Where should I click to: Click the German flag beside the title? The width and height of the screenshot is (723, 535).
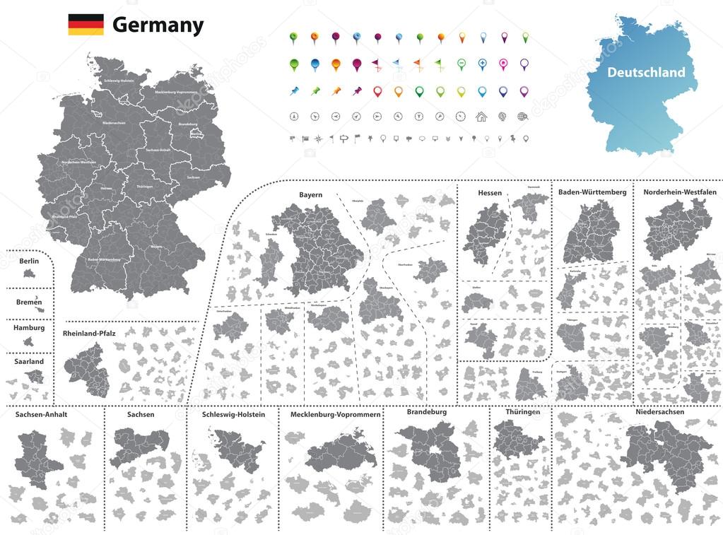[x=86, y=25]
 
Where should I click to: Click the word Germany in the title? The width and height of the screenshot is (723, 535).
[x=158, y=25]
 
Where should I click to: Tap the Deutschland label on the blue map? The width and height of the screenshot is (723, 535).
[x=646, y=72]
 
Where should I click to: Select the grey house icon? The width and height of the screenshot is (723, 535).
[x=481, y=117]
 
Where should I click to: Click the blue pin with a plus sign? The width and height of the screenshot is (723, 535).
[x=482, y=64]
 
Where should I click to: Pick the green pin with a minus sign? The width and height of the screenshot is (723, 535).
[x=461, y=64]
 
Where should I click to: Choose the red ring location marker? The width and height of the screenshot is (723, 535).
[x=377, y=91]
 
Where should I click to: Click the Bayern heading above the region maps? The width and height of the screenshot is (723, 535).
[x=310, y=194]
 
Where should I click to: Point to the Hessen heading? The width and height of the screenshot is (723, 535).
[x=490, y=192]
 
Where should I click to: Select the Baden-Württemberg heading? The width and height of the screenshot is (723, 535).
[x=592, y=192]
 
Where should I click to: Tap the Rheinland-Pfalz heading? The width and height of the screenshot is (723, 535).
[x=89, y=332]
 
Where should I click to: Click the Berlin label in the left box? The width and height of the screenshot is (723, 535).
[x=29, y=261]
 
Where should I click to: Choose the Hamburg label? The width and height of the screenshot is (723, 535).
[x=29, y=328]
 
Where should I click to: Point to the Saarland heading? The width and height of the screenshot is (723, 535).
[x=29, y=361]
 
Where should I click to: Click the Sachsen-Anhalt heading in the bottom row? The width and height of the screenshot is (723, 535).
[x=41, y=415]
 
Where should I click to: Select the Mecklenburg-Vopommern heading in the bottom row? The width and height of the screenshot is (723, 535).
[x=335, y=415]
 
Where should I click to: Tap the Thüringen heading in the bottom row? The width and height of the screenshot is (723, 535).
[x=522, y=411]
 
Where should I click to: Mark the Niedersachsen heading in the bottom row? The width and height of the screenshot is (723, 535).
[x=659, y=411]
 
